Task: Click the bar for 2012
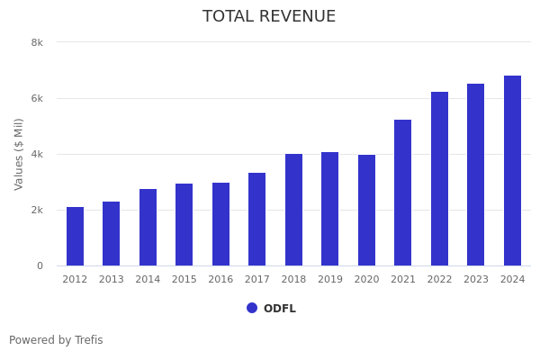pyautogui.click(x=75, y=237)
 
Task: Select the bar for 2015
pyautogui.click(x=184, y=225)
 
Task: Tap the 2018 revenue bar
pyautogui.click(x=293, y=210)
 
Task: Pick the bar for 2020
pyautogui.click(x=366, y=211)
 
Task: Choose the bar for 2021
pyautogui.click(x=402, y=193)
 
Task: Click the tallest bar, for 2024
pyautogui.click(x=512, y=171)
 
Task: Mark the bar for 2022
pyautogui.click(x=439, y=179)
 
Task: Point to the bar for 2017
pyautogui.click(x=256, y=220)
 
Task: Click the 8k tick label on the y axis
pyautogui.click(x=37, y=42)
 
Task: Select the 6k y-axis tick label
pyautogui.click(x=37, y=98)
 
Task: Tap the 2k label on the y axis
pyautogui.click(x=37, y=210)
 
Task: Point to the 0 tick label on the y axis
pyautogui.click(x=40, y=265)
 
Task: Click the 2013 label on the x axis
pyautogui.click(x=111, y=280)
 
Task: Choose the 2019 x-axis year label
pyautogui.click(x=329, y=280)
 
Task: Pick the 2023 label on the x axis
pyautogui.click(x=475, y=280)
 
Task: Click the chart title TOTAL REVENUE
pyautogui.click(x=269, y=17)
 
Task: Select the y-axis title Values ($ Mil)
pyautogui.click(x=19, y=154)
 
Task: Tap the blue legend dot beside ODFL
pyautogui.click(x=252, y=308)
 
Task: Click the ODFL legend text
pyautogui.click(x=279, y=309)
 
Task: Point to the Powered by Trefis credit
pyautogui.click(x=56, y=340)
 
